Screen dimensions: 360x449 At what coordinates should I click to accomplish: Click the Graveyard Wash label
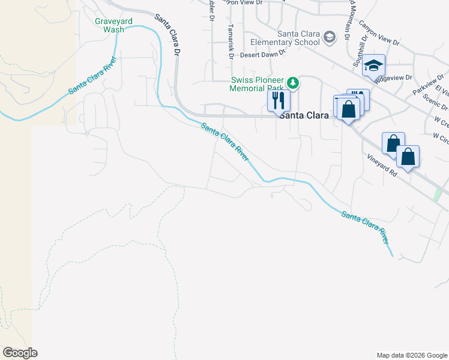point(109,25)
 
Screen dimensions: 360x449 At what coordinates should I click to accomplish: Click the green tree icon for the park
point(292,82)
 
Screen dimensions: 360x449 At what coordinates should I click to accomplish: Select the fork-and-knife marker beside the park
point(279,100)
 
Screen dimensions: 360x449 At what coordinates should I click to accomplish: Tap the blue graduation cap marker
point(373,65)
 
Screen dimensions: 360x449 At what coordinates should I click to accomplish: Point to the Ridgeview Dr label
point(394,77)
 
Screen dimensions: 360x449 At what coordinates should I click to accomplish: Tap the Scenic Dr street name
point(435,101)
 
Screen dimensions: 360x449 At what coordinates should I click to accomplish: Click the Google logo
point(20,353)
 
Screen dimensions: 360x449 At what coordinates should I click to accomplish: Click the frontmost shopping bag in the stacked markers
point(348,109)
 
